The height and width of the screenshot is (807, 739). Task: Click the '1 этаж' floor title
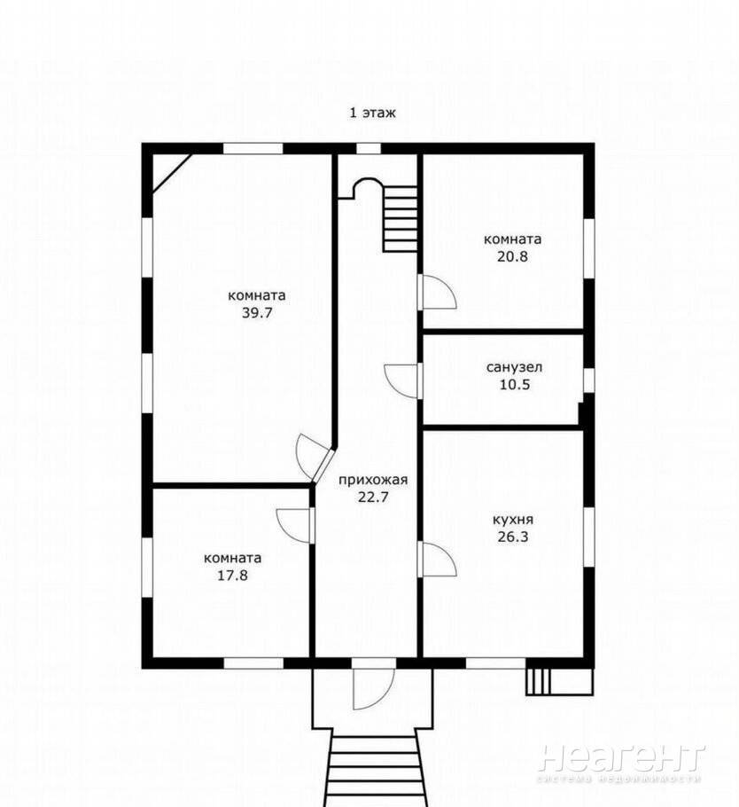pos(373,113)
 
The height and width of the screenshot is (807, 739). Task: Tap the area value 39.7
pos(257,312)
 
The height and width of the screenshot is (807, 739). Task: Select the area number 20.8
pos(512,255)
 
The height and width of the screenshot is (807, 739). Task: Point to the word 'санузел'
pos(514,367)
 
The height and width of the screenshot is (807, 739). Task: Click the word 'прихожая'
pos(373,480)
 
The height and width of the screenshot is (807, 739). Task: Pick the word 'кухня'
pos(513,520)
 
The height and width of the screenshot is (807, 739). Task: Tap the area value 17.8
pos(232,575)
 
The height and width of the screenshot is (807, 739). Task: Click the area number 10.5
pos(515,385)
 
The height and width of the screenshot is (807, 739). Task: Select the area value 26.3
pos(513,537)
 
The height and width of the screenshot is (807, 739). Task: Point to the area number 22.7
pos(373,498)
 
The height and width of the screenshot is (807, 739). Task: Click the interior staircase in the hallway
pos(400,219)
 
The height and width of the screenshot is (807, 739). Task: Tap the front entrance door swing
pos(373,689)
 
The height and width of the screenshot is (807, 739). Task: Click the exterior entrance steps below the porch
pos(373,768)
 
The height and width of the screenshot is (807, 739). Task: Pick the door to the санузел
pos(403,380)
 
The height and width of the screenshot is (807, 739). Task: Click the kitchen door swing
pos(437,559)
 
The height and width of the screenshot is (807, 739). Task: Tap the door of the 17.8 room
pos(295,526)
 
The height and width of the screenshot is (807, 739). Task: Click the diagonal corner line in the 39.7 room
pos(172,174)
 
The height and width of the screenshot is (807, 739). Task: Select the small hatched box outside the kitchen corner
pos(559,681)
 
